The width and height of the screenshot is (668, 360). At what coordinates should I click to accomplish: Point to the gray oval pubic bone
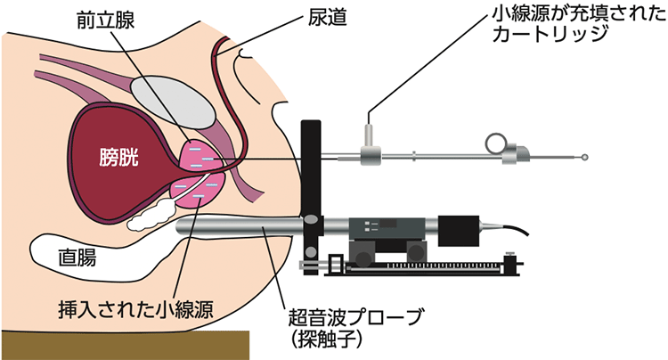pyautogui.click(x=175, y=100)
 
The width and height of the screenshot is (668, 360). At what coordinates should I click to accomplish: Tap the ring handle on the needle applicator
pyautogui.click(x=495, y=141)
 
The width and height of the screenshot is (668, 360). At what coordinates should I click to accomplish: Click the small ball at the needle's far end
pyautogui.click(x=584, y=158)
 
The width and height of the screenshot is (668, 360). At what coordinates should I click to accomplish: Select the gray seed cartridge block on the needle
pyautogui.click(x=367, y=157)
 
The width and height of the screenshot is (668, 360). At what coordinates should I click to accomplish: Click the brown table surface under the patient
pyautogui.click(x=125, y=345)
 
